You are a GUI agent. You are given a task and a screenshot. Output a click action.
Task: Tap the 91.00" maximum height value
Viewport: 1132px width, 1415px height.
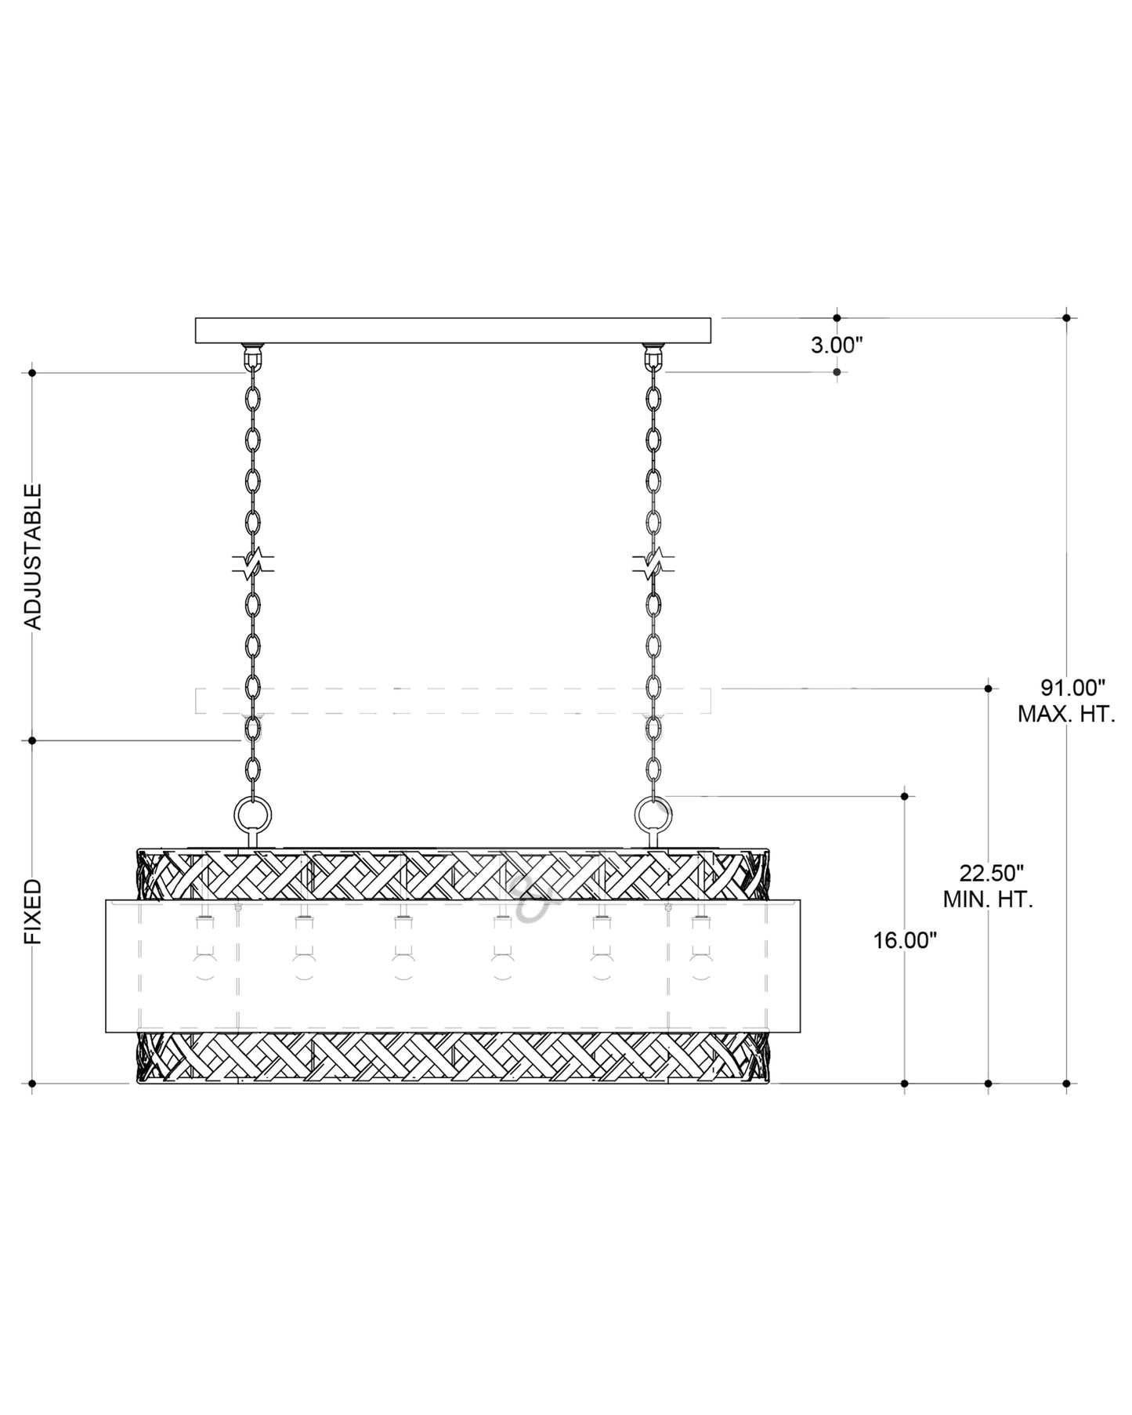[1072, 688]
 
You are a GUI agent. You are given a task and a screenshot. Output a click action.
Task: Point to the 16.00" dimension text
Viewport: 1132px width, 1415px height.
[906, 940]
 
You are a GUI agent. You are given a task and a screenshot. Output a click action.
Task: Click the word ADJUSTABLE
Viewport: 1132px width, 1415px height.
[33, 556]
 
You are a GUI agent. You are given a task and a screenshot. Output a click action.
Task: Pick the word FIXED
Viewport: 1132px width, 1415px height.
[33, 911]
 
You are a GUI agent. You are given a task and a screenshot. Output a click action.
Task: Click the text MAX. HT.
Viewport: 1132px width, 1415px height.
[1066, 715]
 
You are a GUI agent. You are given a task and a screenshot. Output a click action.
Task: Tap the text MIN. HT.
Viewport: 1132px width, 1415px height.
[988, 899]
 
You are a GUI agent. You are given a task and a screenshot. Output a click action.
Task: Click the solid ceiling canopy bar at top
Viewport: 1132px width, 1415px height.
[453, 330]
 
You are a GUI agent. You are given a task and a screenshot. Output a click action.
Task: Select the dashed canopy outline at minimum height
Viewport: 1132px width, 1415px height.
[453, 700]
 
